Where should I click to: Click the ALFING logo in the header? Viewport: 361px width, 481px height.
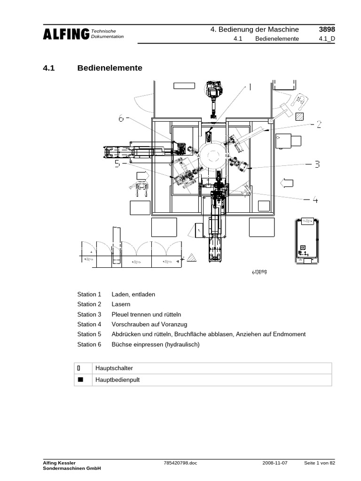click(x=66, y=34)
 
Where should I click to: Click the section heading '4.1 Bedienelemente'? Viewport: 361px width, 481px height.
click(x=93, y=68)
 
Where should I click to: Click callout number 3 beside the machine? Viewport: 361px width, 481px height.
click(x=317, y=164)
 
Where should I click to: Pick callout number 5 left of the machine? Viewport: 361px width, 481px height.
click(x=118, y=163)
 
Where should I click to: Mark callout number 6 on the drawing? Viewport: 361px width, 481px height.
click(x=121, y=119)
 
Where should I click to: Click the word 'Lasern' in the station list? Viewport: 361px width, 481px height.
click(x=121, y=304)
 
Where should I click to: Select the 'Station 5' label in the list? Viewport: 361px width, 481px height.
click(x=89, y=334)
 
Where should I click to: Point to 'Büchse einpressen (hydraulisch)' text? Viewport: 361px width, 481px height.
click(x=156, y=344)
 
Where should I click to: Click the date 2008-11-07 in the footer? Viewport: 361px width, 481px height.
click(x=275, y=463)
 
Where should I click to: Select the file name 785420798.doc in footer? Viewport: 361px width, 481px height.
click(x=180, y=463)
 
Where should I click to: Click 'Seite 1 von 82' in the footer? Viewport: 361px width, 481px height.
click(x=320, y=463)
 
